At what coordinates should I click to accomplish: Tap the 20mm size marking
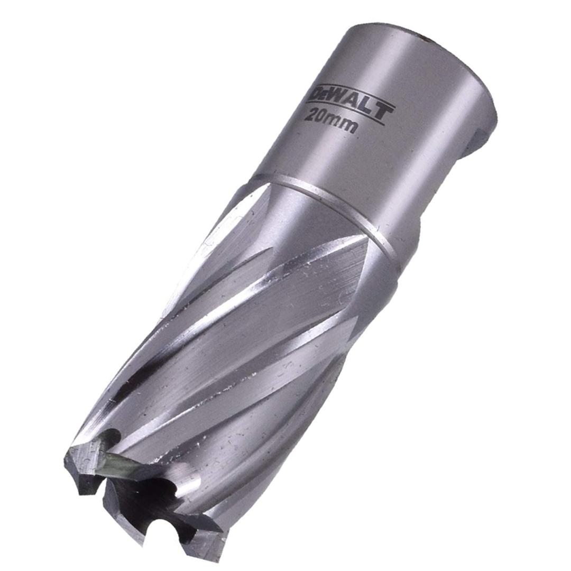[x=330, y=121]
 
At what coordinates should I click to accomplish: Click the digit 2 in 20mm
[x=310, y=115]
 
